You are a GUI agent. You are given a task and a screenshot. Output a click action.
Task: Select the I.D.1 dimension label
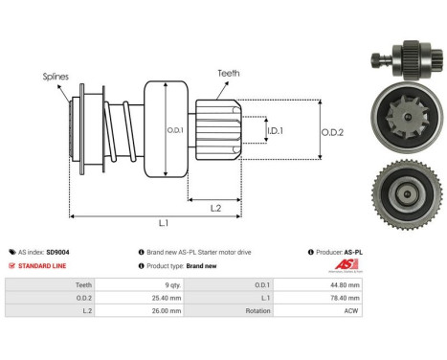275,130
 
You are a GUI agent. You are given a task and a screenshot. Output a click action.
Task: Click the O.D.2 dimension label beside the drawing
331,130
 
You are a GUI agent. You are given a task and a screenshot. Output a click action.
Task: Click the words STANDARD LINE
43,265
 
